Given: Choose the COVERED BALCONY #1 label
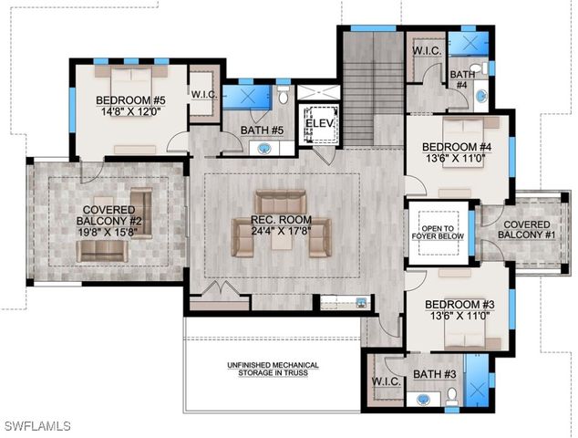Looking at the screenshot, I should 525,229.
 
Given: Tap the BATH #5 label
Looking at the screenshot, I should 263,130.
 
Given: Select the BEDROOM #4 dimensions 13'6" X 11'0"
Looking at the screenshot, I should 457,158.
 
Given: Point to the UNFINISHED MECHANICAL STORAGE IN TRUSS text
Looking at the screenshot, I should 267,369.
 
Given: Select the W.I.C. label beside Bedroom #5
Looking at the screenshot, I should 201,94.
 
